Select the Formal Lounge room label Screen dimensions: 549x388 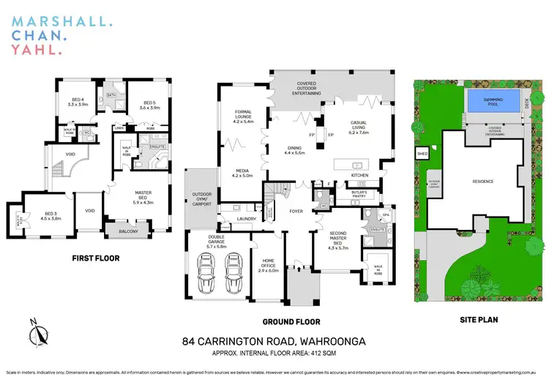[242, 116]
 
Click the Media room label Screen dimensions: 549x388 [242, 173]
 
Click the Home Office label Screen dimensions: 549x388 [269, 268]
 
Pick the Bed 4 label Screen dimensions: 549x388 [78, 102]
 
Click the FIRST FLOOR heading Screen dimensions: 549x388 [95, 258]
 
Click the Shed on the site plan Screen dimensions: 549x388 [422, 154]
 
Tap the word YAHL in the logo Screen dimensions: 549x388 [34, 50]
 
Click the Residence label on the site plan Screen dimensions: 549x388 [482, 182]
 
